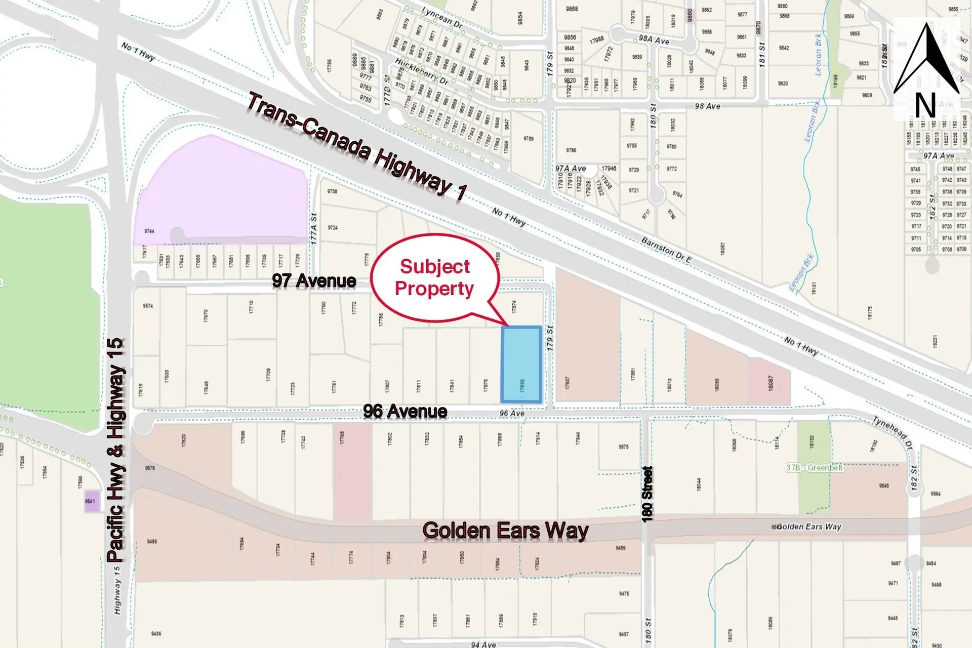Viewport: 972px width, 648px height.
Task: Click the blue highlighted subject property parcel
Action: (x=521, y=364)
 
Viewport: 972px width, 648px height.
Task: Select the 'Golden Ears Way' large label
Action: (x=505, y=531)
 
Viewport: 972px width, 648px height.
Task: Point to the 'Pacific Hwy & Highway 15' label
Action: (x=116, y=451)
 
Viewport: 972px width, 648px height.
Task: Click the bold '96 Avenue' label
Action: (x=405, y=411)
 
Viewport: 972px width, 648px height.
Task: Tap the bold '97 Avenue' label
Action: (x=314, y=280)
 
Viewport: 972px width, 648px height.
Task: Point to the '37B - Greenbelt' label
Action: (x=814, y=468)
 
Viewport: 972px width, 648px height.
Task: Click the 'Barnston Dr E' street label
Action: (x=666, y=250)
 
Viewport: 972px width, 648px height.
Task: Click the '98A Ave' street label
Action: (x=654, y=40)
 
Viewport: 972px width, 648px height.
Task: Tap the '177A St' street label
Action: (x=314, y=229)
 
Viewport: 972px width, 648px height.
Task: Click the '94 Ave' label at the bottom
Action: (x=483, y=644)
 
